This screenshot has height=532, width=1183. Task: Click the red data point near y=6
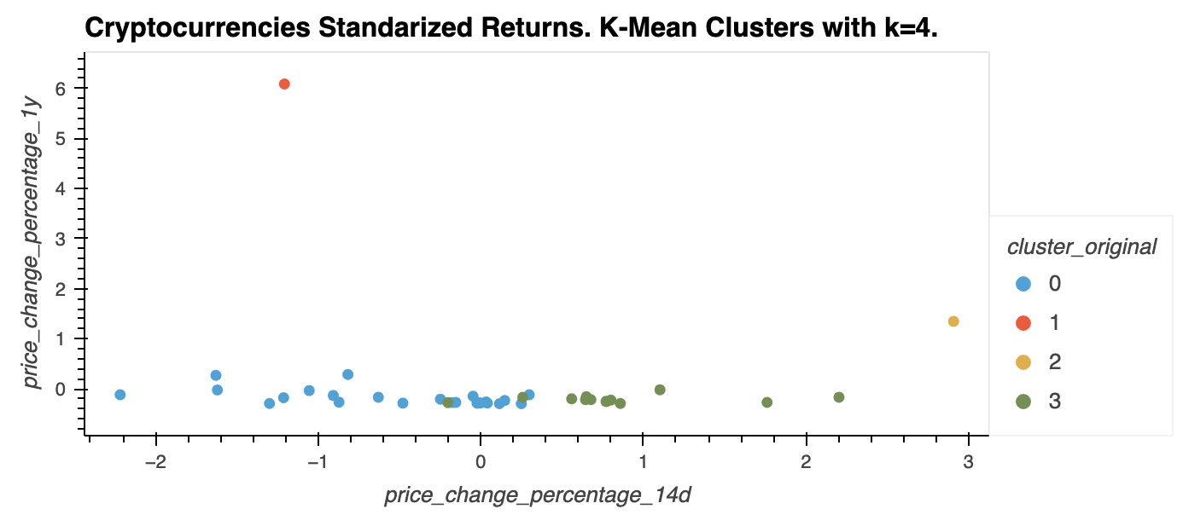click(284, 84)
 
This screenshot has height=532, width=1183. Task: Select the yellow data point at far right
click(953, 321)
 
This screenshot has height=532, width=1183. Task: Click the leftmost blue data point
click(120, 395)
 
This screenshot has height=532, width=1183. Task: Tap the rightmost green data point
click(839, 397)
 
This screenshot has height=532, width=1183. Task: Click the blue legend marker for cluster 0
click(1023, 284)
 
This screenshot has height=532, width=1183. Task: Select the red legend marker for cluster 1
click(1023, 323)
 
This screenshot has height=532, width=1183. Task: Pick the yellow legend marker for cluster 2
click(1023, 362)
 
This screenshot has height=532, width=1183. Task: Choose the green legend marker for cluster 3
click(1023, 402)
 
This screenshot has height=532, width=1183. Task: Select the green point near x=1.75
click(766, 402)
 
